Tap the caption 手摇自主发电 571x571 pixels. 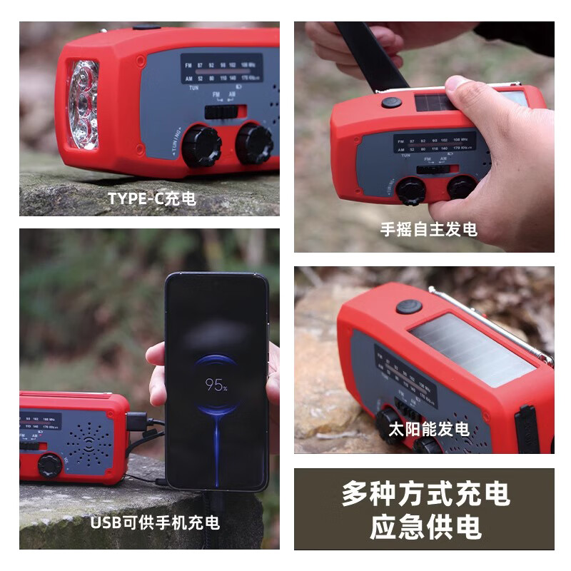(428, 230)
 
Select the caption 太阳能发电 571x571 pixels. (428, 429)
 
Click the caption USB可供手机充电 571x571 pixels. (155, 522)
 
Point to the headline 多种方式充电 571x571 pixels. (425, 494)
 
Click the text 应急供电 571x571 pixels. (425, 527)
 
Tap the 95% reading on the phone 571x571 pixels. (216, 385)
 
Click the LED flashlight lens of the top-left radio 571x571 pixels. (84, 104)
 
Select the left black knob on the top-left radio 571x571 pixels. (201, 146)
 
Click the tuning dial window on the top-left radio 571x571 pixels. (221, 70)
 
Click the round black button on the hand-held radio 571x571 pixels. (391, 102)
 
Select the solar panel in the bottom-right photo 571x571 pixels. (471, 350)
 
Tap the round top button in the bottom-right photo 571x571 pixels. (409, 307)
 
